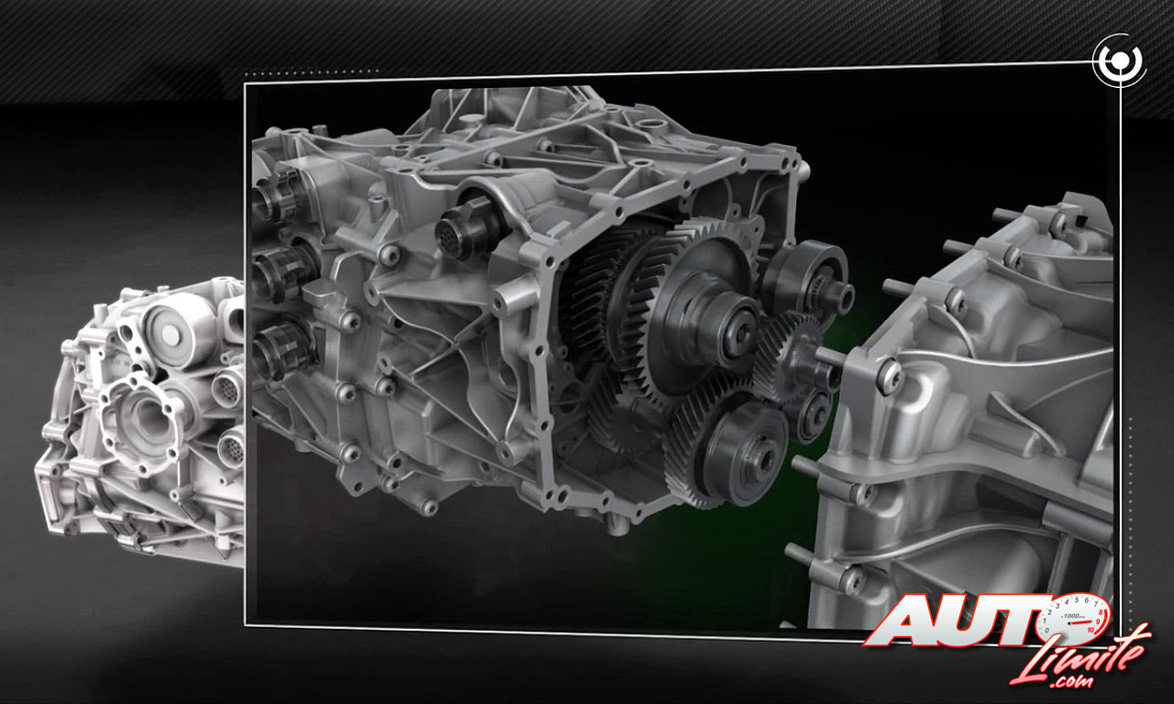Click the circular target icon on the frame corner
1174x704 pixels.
click(1120, 60)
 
